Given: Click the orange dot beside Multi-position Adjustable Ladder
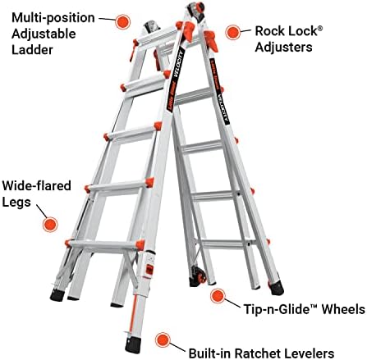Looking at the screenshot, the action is pyautogui.click(x=122, y=21).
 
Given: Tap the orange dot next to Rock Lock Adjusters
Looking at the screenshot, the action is pyautogui.click(x=233, y=32).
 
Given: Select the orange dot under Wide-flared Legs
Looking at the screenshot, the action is pyautogui.click(x=50, y=224).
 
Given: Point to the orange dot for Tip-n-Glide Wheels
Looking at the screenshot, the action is pyautogui.click(x=218, y=296).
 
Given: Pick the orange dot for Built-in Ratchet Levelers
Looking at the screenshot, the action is pyautogui.click(x=163, y=339).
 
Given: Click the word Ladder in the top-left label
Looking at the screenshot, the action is pyautogui.click(x=32, y=50).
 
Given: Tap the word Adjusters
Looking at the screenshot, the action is pyautogui.click(x=283, y=47).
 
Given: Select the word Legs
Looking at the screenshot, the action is pyautogui.click(x=16, y=203).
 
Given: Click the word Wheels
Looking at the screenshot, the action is pyautogui.click(x=343, y=309).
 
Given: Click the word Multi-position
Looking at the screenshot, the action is pyautogui.click(x=53, y=19).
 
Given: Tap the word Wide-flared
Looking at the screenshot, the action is pyautogui.click(x=36, y=185).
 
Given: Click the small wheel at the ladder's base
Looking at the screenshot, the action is pyautogui.click(x=202, y=276).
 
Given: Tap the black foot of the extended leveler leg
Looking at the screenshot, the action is pyautogui.click(x=133, y=345).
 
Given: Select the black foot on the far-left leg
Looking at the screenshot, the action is pyautogui.click(x=57, y=295).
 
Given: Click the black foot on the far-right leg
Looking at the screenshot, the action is pyautogui.click(x=277, y=288).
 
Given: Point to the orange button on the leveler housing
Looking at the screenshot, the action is pyautogui.click(x=149, y=270).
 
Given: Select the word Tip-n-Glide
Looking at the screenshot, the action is pyautogui.click(x=280, y=309).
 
